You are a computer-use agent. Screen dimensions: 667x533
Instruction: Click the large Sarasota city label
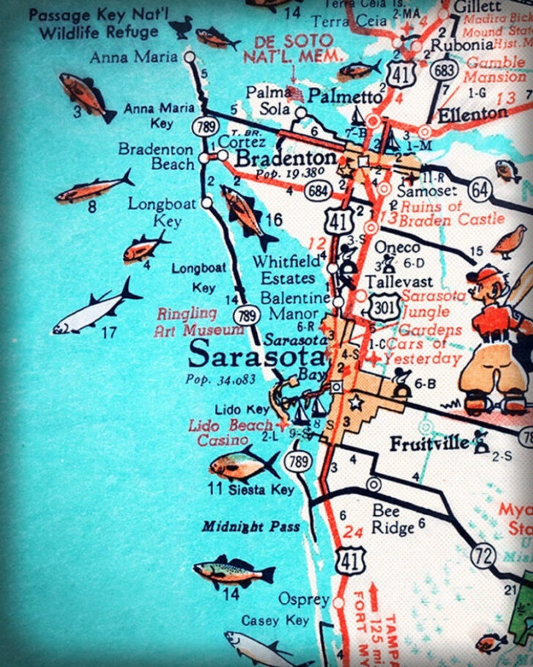(255, 357)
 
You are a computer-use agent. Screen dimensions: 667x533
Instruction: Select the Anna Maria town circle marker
(190, 57)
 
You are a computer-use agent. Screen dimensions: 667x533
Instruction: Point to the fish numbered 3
(86, 95)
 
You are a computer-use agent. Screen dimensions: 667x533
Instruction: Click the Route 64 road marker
(479, 189)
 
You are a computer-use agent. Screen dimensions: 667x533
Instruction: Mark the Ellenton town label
(472, 114)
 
